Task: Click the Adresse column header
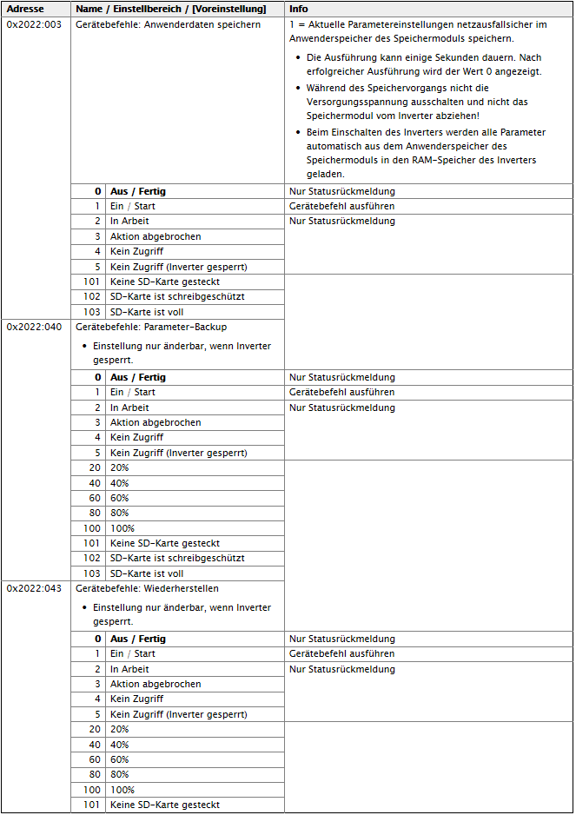tap(25, 9)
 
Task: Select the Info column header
tap(299, 9)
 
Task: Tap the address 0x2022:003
tap(34, 24)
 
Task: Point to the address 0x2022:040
tap(34, 327)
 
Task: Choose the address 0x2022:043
tap(34, 588)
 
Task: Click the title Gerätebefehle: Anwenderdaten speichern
tap(168, 24)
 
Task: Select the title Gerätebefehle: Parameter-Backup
tap(151, 327)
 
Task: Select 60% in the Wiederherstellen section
tap(119, 759)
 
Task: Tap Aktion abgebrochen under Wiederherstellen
tap(156, 684)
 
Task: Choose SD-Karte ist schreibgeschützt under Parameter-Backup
tap(164, 558)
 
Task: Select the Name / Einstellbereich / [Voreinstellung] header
tap(170, 9)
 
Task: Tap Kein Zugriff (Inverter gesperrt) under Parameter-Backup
tap(178, 453)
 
